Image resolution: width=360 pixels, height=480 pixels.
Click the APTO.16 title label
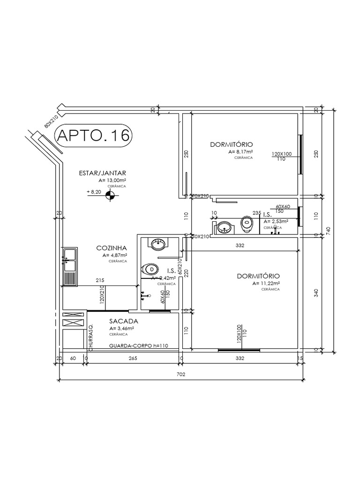93,135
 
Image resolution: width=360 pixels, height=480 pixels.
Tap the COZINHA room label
112,248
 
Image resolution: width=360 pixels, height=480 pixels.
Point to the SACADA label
123,322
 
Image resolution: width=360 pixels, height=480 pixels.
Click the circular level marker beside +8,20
110,196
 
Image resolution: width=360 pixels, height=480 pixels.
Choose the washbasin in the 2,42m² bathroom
157,244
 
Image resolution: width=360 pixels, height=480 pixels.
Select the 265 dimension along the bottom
132,359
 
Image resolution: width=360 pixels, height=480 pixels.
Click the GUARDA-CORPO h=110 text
138,346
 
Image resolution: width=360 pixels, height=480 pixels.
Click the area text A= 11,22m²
266,284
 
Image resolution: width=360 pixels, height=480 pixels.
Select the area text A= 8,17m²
241,152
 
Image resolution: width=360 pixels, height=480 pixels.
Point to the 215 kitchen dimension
100,280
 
